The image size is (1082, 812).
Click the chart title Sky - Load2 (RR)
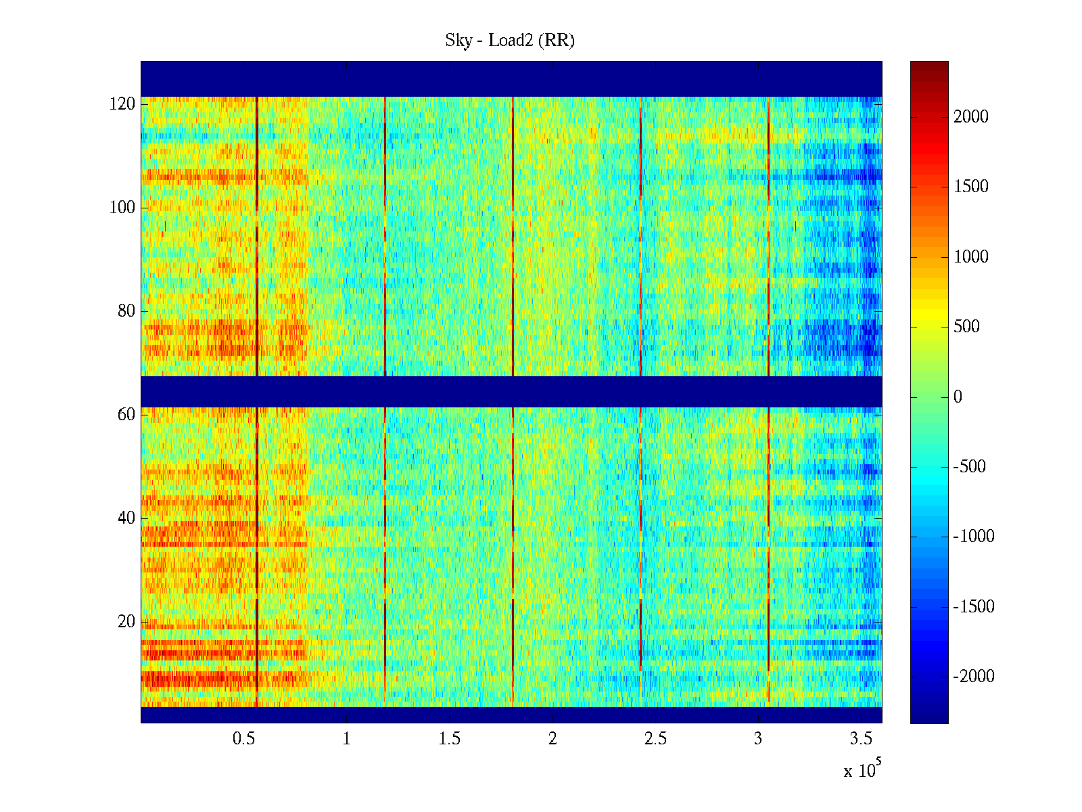pos(510,41)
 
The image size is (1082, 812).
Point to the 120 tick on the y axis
pos(122,104)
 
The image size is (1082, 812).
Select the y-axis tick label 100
pos(122,208)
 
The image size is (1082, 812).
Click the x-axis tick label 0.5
pos(243,739)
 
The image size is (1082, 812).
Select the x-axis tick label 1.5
pos(450,739)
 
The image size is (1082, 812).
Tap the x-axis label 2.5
pos(655,739)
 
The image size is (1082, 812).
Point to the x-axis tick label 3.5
pos(861,739)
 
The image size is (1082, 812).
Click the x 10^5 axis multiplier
pos(862,769)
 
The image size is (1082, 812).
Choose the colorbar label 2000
pos(971,117)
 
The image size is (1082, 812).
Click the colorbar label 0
pos(958,397)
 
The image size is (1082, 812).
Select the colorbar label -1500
pos(974,607)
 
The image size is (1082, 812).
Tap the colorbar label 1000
pos(971,257)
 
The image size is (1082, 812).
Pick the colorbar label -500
pos(970,467)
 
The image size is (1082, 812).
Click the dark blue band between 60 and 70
pos(511,392)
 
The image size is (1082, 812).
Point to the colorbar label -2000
pos(974,677)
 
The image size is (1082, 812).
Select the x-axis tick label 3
pos(758,739)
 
